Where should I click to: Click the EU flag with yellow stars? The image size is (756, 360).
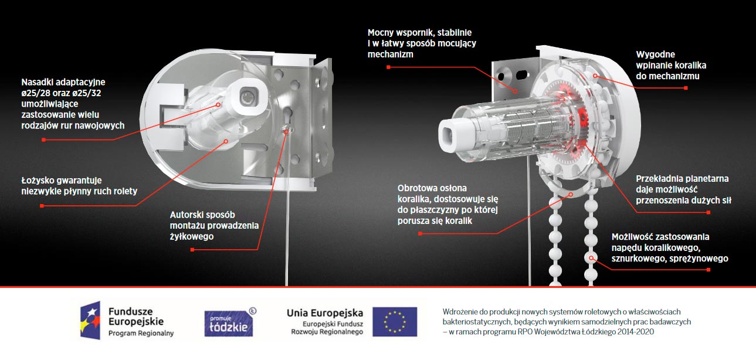(x=395, y=321)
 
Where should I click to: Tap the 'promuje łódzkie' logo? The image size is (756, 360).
(x=230, y=322)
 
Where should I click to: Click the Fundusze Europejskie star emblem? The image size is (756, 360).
(x=90, y=320)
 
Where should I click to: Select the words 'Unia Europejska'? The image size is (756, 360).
(x=325, y=313)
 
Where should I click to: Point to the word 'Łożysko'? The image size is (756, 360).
(x=37, y=181)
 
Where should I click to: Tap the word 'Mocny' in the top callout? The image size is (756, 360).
(x=379, y=33)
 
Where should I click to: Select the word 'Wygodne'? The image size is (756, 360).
(x=656, y=55)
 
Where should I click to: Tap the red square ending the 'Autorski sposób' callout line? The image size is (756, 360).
(x=192, y=250)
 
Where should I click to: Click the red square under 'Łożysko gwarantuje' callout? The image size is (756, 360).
(x=42, y=206)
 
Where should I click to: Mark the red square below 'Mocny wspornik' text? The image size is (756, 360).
(x=388, y=67)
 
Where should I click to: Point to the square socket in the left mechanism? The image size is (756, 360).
(x=248, y=97)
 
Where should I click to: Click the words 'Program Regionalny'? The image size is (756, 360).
(x=141, y=334)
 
